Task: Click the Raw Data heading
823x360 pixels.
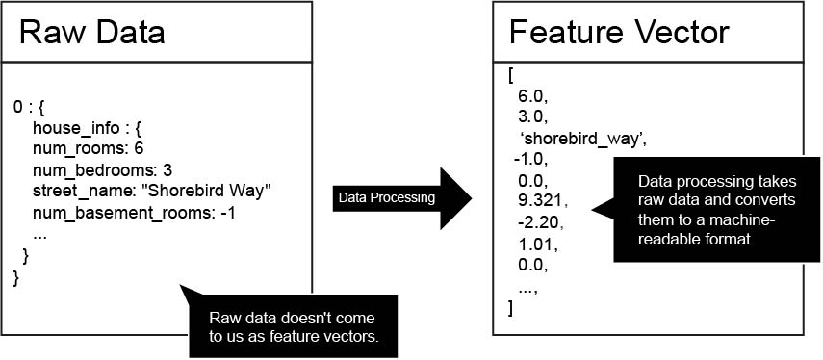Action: (91, 33)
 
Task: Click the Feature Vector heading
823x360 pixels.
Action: (618, 33)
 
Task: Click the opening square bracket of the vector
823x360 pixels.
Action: (510, 75)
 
